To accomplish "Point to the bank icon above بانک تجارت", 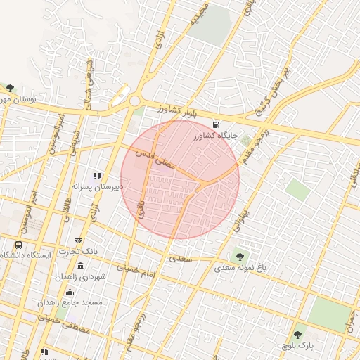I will [78, 241].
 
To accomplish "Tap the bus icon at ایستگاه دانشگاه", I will [18, 244].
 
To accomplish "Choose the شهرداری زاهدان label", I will [83, 277].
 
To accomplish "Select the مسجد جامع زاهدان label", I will [72, 302].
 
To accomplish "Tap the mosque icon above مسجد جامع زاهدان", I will [69, 292].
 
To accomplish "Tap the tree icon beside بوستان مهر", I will [9, 88].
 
